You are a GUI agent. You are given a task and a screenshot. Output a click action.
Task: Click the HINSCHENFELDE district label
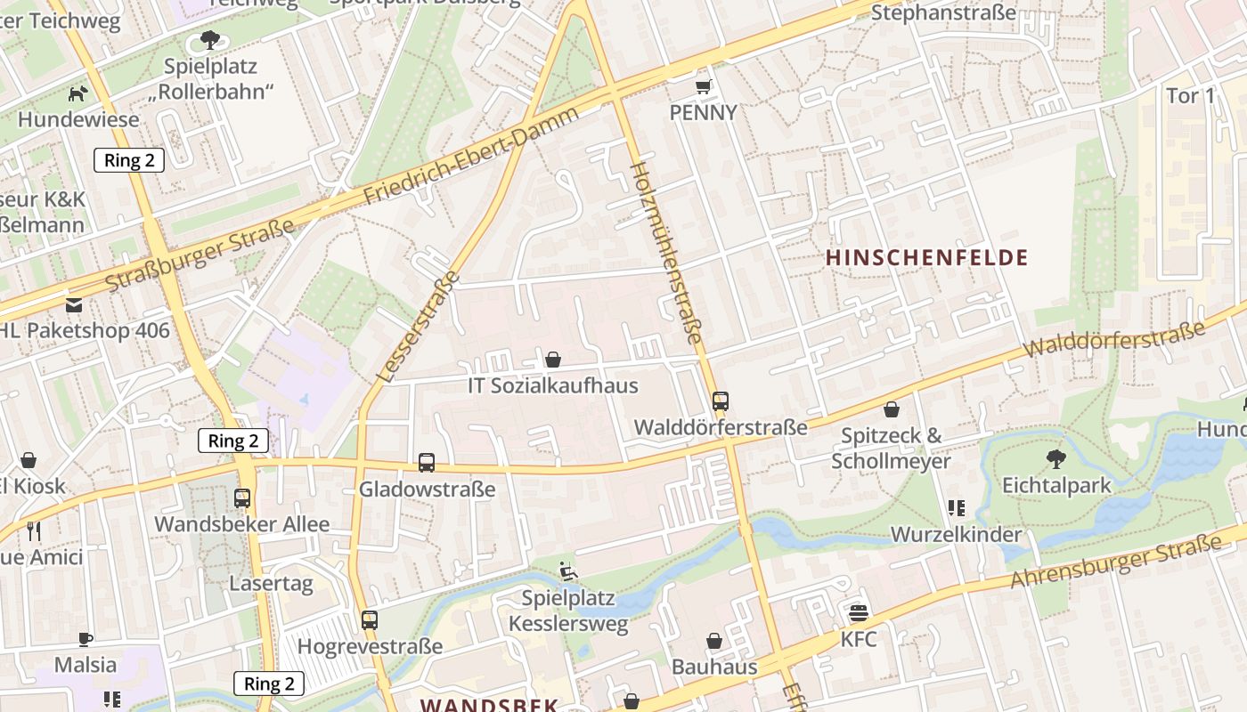pos(926,258)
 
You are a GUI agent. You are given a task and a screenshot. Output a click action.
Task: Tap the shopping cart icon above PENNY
pos(704,86)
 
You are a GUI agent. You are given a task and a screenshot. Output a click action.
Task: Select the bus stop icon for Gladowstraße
pos(427,463)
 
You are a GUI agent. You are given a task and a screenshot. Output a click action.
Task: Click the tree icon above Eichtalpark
pos(1056,459)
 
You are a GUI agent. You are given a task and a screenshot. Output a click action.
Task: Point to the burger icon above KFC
pos(859,612)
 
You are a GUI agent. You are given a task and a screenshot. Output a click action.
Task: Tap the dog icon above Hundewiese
pos(79,93)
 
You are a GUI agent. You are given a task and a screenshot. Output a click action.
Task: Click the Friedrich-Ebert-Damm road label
pos(472,156)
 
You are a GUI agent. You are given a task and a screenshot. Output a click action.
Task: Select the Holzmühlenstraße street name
pos(666,254)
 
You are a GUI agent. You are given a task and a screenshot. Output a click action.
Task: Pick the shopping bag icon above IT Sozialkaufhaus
pos(553,360)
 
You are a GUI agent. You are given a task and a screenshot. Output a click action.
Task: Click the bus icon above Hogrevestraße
pos(370,619)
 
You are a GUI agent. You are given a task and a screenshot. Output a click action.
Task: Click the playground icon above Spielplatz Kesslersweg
pos(567,570)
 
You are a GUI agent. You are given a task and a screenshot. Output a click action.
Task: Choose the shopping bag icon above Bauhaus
pos(714,641)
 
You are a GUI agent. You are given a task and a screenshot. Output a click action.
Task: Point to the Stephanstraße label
pos(943,12)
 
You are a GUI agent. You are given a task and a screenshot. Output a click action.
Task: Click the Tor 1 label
pos(1190,95)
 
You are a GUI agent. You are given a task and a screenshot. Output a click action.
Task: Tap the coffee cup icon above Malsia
pos(86,639)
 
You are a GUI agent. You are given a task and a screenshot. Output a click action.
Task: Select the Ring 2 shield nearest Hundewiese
pos(129,160)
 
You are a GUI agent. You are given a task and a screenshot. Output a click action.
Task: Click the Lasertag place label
pos(271,584)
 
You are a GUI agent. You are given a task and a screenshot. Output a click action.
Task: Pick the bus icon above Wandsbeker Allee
pos(242,498)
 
